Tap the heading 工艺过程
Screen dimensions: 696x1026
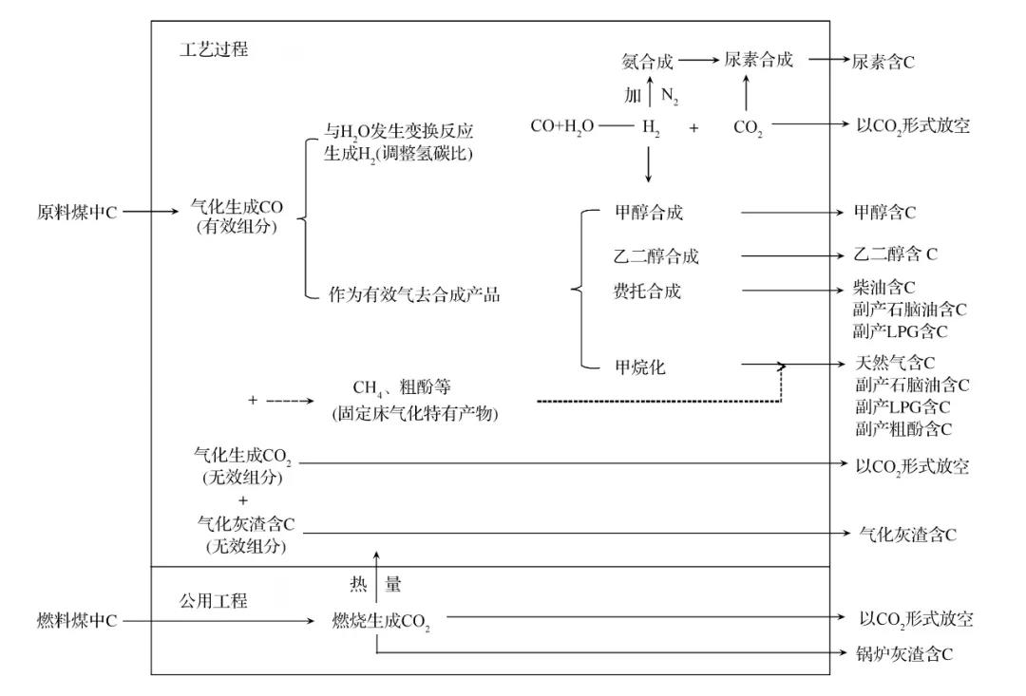pos(214,49)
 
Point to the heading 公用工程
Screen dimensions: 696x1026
pos(214,600)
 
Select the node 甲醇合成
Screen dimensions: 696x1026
pos(648,212)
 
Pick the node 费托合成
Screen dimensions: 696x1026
pos(648,292)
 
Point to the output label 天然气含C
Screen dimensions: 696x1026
pos(895,363)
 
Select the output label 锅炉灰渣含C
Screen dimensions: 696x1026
pos(903,653)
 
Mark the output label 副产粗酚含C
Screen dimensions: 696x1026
pos(903,429)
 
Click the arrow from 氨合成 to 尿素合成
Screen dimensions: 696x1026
pos(701,61)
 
